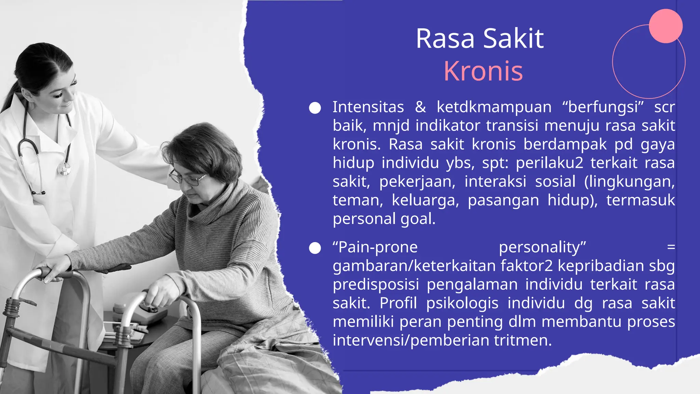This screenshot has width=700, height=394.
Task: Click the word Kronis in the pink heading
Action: click(483, 71)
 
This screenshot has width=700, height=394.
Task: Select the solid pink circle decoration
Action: click(665, 26)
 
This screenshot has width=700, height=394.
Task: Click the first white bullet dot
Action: click(315, 108)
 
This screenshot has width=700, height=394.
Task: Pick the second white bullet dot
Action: click(315, 248)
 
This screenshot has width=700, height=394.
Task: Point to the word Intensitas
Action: click(368, 107)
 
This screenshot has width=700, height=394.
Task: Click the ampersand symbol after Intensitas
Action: click(420, 107)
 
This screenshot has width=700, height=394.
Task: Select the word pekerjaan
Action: click(417, 182)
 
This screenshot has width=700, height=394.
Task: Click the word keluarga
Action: click(425, 200)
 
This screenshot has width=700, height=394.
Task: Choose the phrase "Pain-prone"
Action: click(375, 247)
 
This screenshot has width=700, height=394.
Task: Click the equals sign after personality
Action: click(671, 247)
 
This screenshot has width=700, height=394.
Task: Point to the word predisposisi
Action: click(376, 285)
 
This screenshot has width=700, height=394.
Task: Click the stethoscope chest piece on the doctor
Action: click(64, 169)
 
